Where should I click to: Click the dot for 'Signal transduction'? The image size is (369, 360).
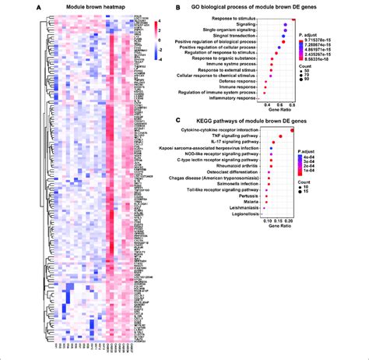[284, 37]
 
